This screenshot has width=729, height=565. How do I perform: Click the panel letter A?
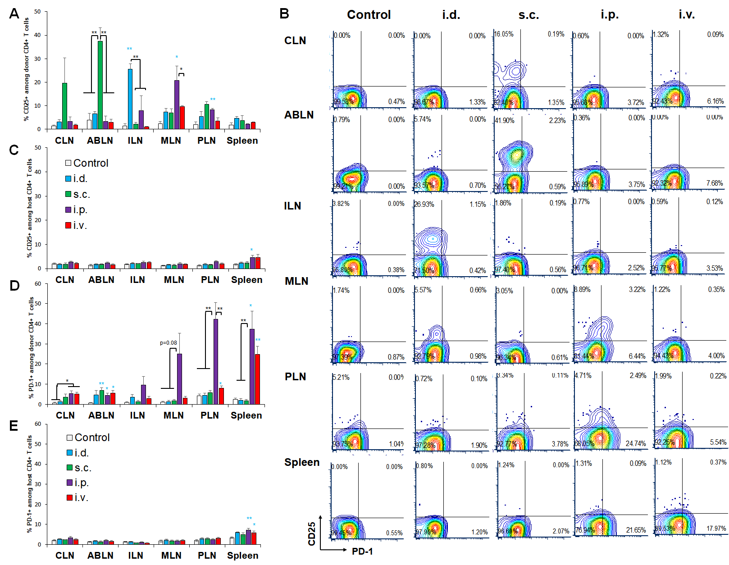(14, 14)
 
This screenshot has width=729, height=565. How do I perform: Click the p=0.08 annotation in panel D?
(169, 343)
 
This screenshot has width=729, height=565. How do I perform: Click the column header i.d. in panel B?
(451, 15)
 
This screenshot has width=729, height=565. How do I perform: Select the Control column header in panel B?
(369, 15)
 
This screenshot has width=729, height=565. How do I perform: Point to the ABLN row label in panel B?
(299, 115)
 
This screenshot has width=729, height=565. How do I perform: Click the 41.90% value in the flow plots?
(505, 121)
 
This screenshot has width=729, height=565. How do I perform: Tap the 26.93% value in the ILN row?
(424, 205)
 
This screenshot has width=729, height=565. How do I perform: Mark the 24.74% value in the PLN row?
(636, 444)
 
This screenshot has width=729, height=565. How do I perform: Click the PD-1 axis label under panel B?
(362, 551)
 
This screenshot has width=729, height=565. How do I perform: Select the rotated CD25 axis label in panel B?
(311, 534)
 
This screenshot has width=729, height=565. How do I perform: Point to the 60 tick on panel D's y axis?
(38, 284)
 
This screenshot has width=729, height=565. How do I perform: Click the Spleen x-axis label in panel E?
(242, 556)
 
